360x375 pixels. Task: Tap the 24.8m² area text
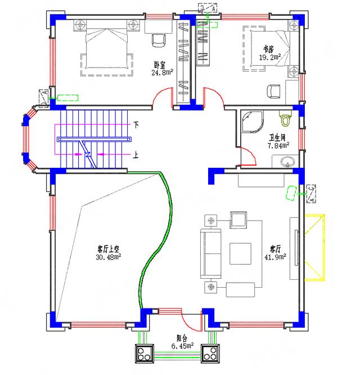click(x=161, y=72)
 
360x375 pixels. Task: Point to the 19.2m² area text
click(x=270, y=57)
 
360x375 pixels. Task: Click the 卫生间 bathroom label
click(x=278, y=137)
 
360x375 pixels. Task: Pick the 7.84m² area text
click(x=278, y=145)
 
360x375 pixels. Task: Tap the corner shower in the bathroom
click(x=250, y=120)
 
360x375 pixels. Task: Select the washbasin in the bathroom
click(x=287, y=163)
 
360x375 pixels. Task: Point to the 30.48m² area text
click(x=108, y=256)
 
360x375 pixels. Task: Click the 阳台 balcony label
click(x=181, y=338)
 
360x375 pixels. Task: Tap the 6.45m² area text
click(x=183, y=346)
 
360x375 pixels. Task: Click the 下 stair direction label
click(x=136, y=124)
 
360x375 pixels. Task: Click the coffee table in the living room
click(x=241, y=254)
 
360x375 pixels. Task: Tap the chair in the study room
click(x=273, y=91)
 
